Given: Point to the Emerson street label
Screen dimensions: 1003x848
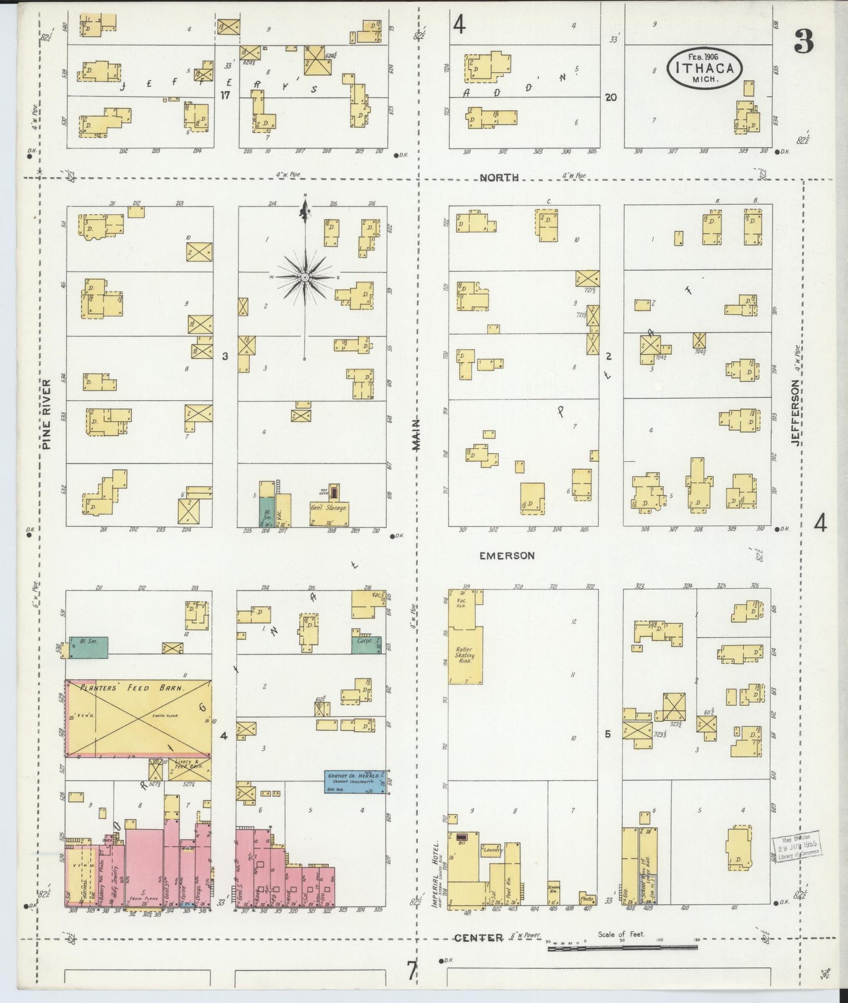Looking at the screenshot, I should [x=507, y=555].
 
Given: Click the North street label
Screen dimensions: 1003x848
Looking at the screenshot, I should [x=499, y=177].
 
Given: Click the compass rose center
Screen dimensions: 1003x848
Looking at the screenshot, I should [x=305, y=276].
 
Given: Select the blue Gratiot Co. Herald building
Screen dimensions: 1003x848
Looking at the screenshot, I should [x=354, y=782].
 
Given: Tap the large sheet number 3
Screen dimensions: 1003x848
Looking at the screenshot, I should [x=804, y=41].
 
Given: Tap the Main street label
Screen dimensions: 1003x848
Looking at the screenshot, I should [x=417, y=434].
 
